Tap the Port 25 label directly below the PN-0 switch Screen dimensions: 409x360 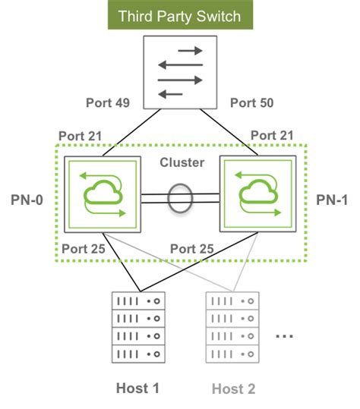[84, 248]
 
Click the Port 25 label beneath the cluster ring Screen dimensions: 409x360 [192, 248]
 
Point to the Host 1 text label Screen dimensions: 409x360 [137, 389]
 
